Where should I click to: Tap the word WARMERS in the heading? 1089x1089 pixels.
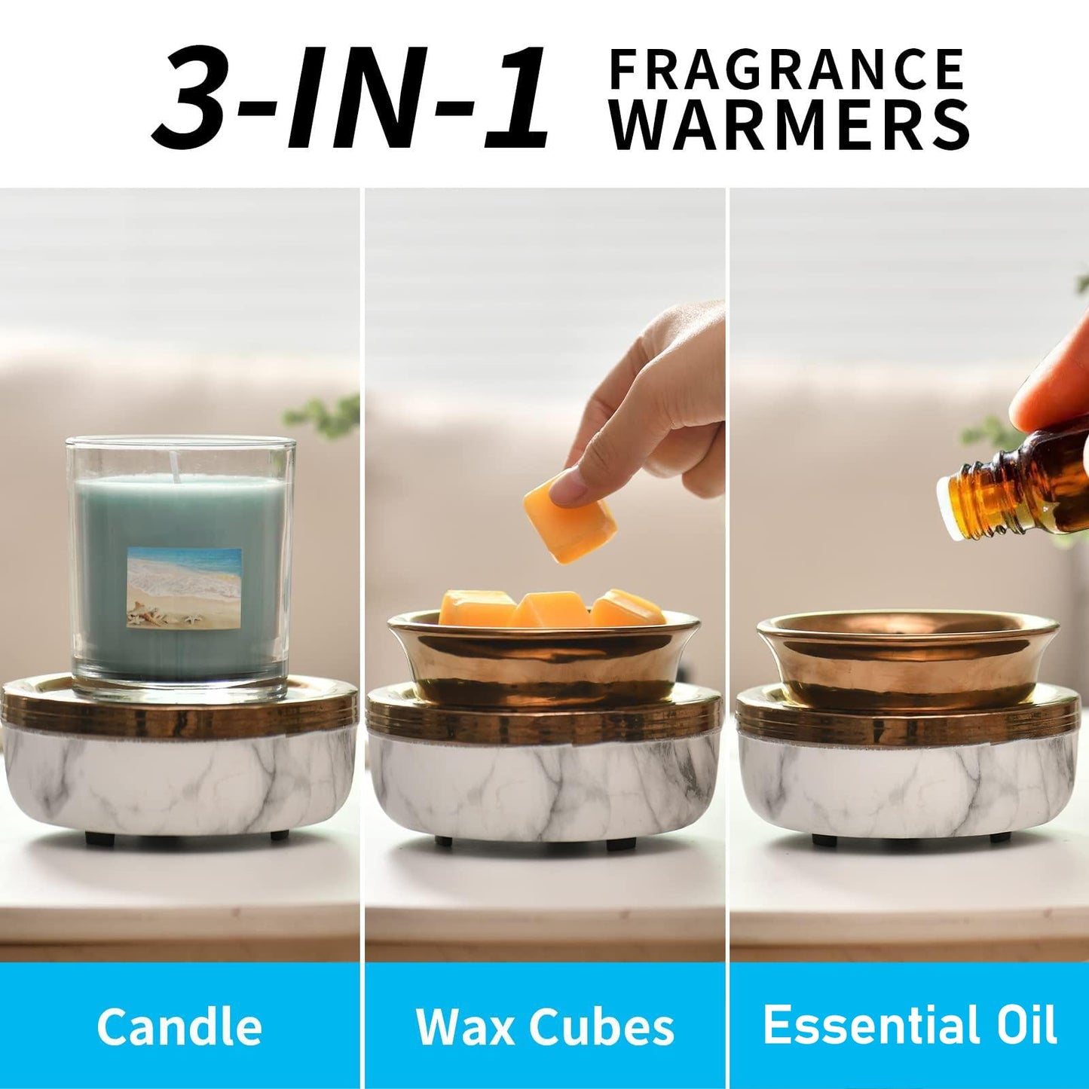789,126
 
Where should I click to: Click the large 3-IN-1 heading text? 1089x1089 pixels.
350,98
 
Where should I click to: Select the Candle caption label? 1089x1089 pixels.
179,1026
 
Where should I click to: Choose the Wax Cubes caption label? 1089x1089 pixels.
545,1026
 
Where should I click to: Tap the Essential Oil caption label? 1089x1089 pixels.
910,1025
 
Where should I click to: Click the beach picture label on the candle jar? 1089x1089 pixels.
184,587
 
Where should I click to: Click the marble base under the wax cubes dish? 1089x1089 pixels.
544,788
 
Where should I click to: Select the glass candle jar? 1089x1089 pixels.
181,565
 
